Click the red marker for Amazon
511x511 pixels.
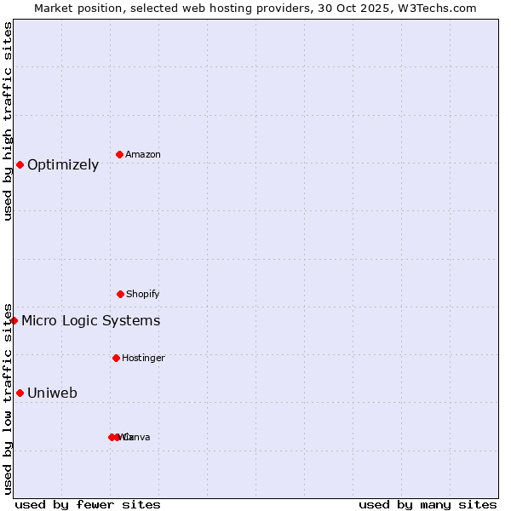[119, 154]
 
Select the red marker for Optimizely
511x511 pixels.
[20, 164]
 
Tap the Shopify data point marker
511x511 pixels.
[120, 294]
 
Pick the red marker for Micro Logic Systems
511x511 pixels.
[14, 320]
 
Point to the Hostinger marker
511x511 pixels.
[116, 358]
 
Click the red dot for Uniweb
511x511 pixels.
[20, 393]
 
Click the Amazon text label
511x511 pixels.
[143, 154]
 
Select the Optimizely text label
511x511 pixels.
[63, 165]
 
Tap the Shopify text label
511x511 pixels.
[143, 294]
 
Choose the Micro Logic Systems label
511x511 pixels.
[91, 321]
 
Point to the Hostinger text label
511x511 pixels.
[143, 358]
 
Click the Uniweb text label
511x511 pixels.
[52, 393]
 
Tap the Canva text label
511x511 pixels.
[138, 437]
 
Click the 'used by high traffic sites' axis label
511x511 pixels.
[9, 121]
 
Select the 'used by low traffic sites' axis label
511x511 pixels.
[9, 398]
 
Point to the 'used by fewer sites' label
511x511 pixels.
[88, 504]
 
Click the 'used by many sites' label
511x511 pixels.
[428, 504]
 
